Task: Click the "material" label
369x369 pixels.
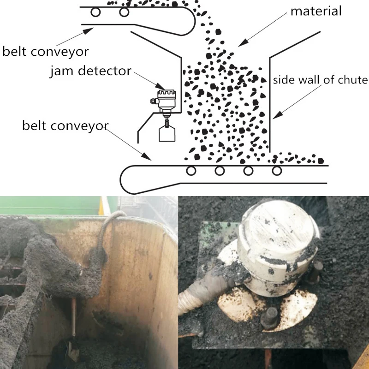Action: pyautogui.click(x=316, y=11)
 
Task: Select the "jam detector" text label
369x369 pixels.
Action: pyautogui.click(x=90, y=71)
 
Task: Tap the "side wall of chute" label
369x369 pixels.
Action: pyautogui.click(x=320, y=80)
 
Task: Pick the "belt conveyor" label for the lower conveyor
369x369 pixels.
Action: pyautogui.click(x=65, y=125)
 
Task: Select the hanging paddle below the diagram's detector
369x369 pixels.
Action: pyautogui.click(x=167, y=133)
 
